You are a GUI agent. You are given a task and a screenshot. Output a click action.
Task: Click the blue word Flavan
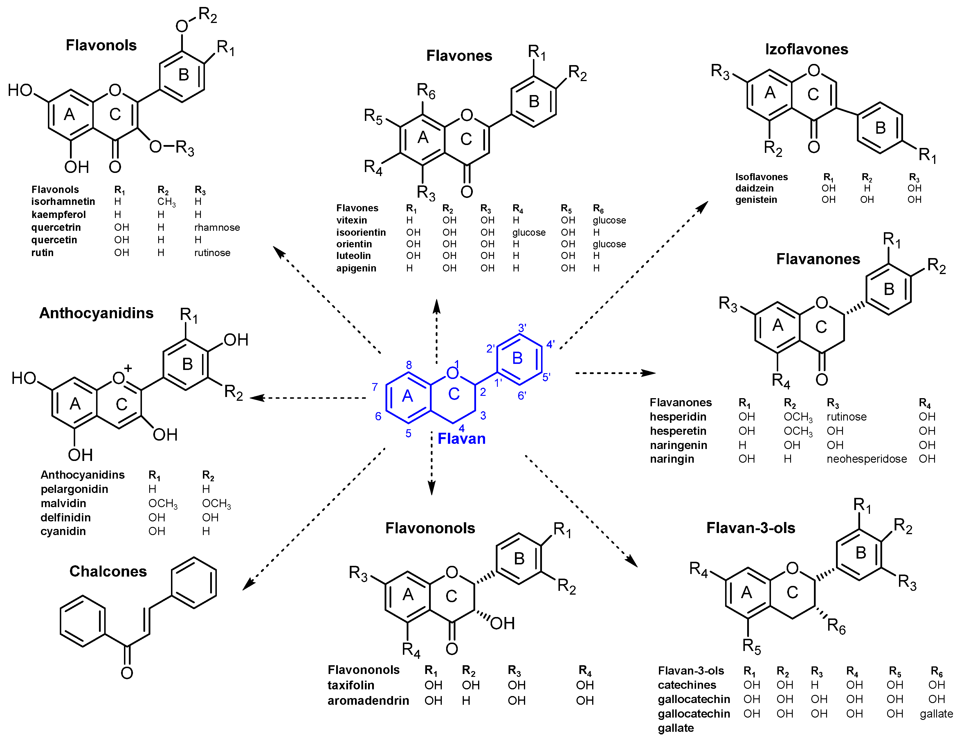pyautogui.click(x=461, y=439)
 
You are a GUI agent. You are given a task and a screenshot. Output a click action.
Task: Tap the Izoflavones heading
pyautogui.click(x=806, y=49)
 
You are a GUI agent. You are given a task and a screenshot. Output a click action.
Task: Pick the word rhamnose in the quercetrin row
pyautogui.click(x=217, y=228)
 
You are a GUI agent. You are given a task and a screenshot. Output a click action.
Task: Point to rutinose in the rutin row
pyautogui.click(x=212, y=253)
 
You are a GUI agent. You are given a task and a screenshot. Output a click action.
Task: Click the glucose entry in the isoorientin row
pyautogui.click(x=529, y=233)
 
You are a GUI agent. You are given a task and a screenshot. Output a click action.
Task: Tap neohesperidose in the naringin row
pyautogui.click(x=866, y=459)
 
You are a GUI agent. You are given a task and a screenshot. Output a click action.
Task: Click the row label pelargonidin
pyautogui.click(x=74, y=489)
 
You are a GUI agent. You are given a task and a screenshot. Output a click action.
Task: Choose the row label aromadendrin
pyautogui.click(x=368, y=701)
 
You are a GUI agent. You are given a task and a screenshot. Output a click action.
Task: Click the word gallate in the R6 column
pyautogui.click(x=936, y=714)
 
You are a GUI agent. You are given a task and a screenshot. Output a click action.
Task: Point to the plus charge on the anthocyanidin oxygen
pyautogui.click(x=128, y=368)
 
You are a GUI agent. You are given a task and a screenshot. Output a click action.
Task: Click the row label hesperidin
pyautogui.click(x=678, y=417)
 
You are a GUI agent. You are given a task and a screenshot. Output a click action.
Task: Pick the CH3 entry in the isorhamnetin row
pyautogui.click(x=166, y=202)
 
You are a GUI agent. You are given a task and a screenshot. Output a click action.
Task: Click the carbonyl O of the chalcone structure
pyautogui.click(x=127, y=673)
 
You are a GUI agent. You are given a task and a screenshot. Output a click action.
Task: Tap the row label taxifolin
pyautogui.click(x=351, y=685)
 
